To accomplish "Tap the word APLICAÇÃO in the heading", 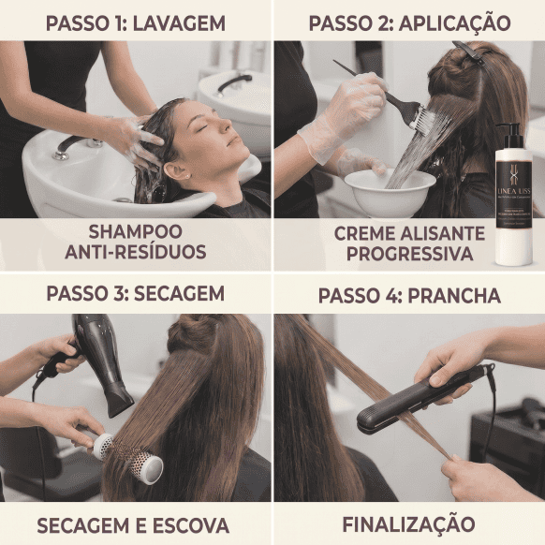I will coord(455,22).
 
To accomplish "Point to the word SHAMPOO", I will coord(136,231).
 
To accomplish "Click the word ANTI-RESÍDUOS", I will coord(136,252).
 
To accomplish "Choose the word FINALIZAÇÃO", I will coord(408,523).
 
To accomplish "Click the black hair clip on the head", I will coord(467,52).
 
